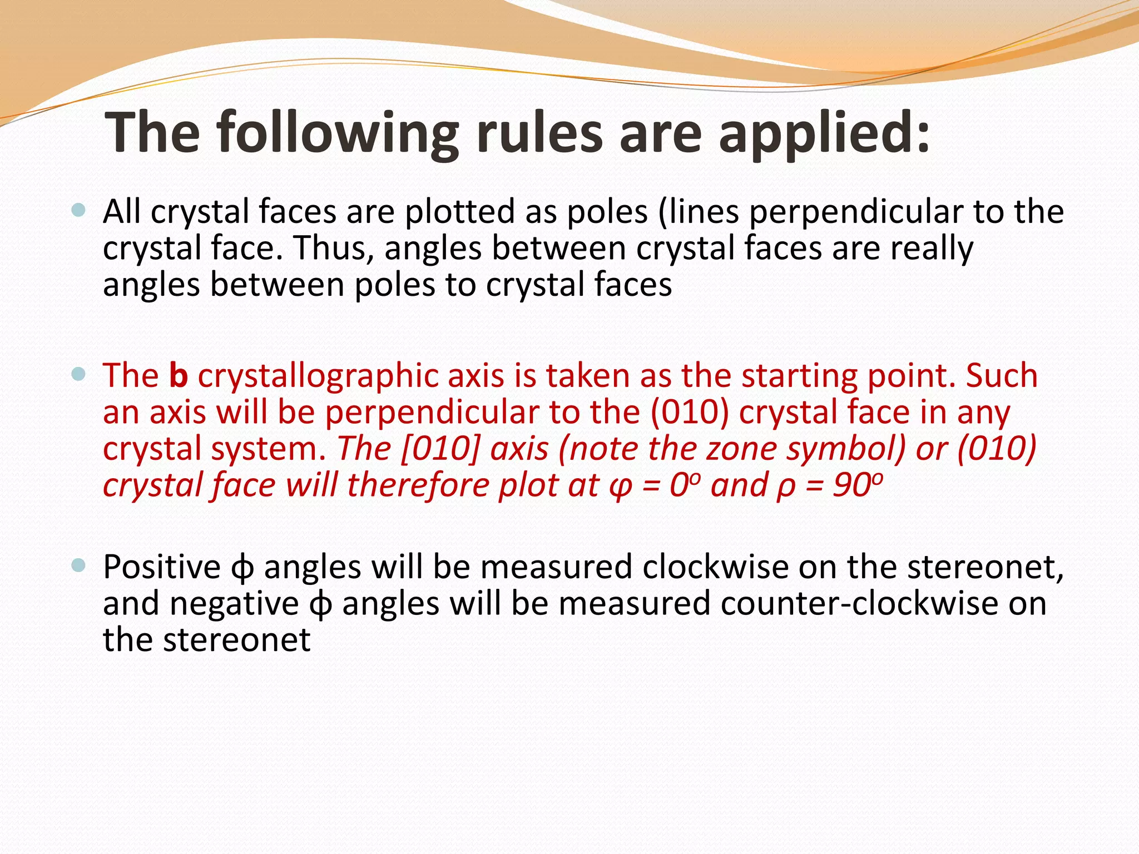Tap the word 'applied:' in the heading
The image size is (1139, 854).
click(x=824, y=133)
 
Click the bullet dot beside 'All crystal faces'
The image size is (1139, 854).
click(x=79, y=210)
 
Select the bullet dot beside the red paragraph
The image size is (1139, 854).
click(x=79, y=374)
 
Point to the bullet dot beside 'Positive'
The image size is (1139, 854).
click(x=79, y=566)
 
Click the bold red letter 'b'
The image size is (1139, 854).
click(x=178, y=375)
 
